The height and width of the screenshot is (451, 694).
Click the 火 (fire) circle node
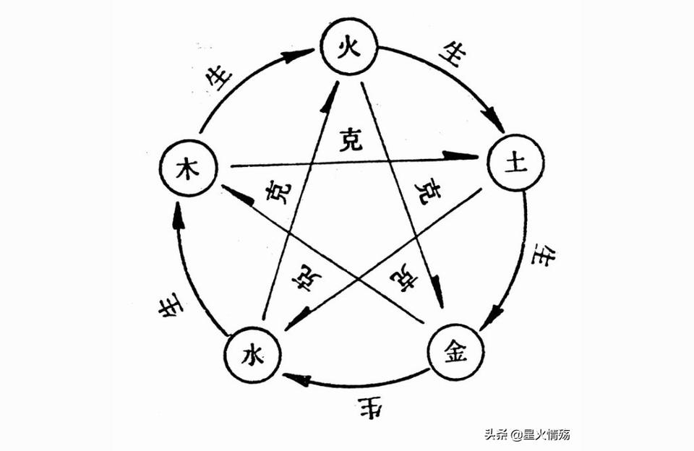coord(350,48)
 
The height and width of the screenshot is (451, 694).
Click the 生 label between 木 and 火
coord(220,74)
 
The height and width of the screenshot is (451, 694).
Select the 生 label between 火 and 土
coord(448,58)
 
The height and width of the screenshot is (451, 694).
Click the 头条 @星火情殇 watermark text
coord(527,435)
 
